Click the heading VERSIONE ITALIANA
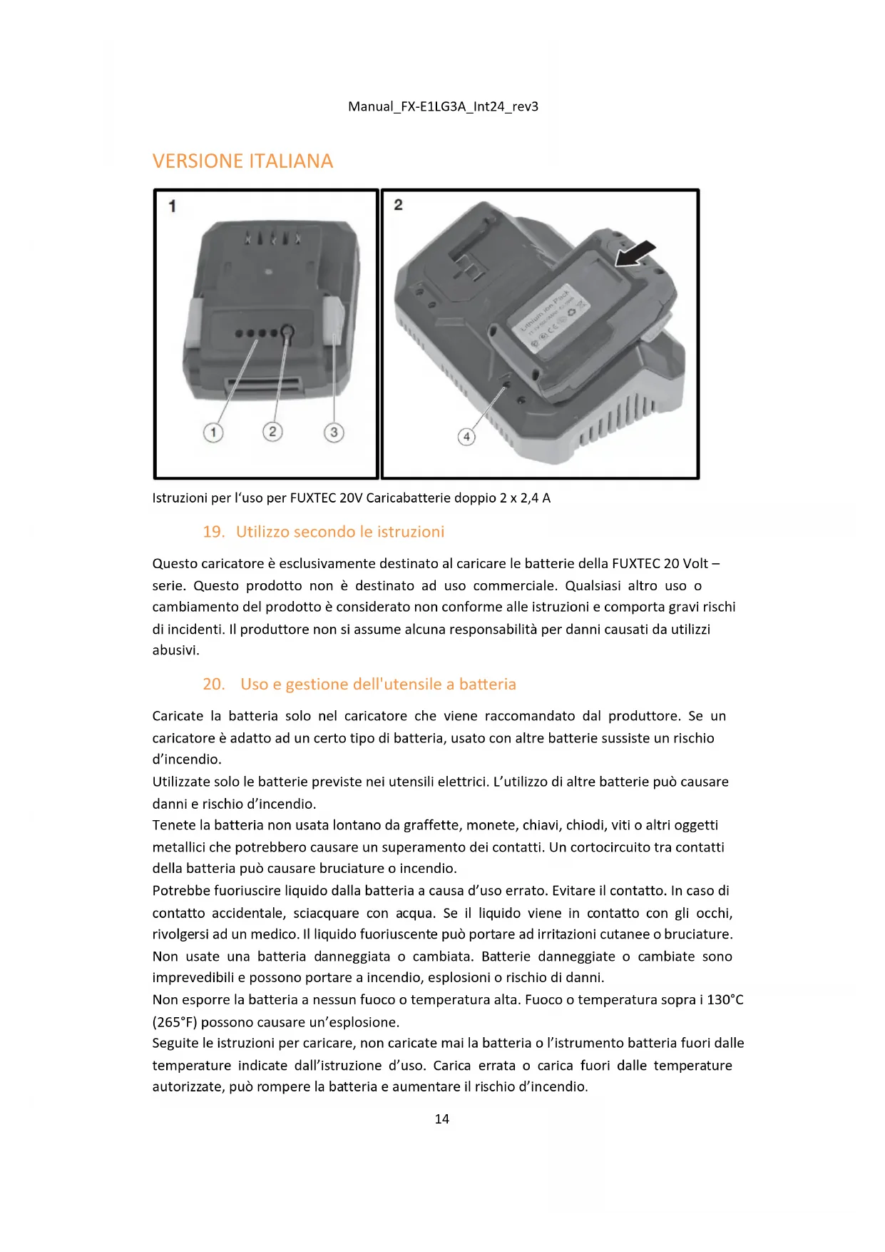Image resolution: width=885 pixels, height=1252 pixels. [x=242, y=161]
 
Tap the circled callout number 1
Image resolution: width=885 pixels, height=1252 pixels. [x=213, y=433]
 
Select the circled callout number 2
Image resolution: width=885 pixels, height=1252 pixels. [x=272, y=432]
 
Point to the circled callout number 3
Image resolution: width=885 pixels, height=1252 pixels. [x=334, y=433]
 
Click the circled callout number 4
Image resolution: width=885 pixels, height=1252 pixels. [x=466, y=436]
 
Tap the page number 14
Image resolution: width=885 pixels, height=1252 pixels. [x=441, y=1119]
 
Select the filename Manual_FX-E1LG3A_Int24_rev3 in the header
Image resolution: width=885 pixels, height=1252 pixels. [x=443, y=107]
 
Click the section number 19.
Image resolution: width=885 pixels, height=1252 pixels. [x=213, y=532]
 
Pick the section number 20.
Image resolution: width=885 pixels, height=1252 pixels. [x=213, y=685]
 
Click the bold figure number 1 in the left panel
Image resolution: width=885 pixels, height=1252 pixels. [x=172, y=206]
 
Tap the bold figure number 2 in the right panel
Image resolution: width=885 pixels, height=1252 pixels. [x=398, y=205]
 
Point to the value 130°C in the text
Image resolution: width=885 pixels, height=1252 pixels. [x=725, y=1000]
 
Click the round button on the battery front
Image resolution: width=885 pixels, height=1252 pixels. [x=287, y=332]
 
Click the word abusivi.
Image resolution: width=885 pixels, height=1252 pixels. [x=175, y=650]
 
